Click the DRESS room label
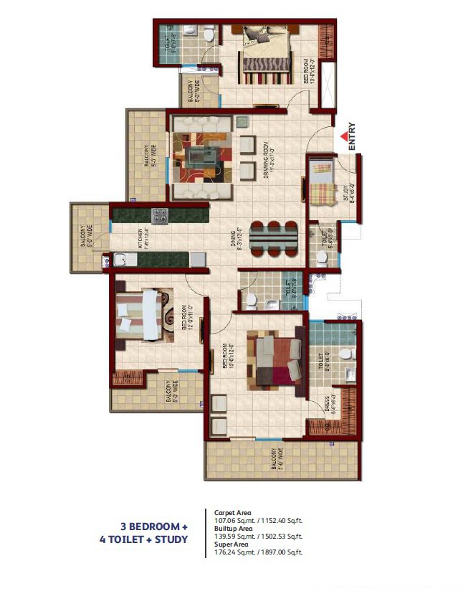(326, 407)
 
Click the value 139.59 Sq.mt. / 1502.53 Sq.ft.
(259, 536)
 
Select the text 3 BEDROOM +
(149, 526)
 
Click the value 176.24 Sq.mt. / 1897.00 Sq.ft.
(259, 552)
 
